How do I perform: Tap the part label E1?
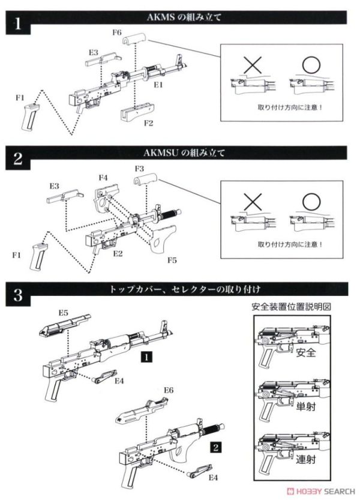[158, 86]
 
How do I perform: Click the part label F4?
[103, 177]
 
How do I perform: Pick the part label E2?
[118, 253]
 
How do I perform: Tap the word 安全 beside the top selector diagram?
[307, 353]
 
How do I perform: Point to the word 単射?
[307, 406]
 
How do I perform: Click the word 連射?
[307, 460]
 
